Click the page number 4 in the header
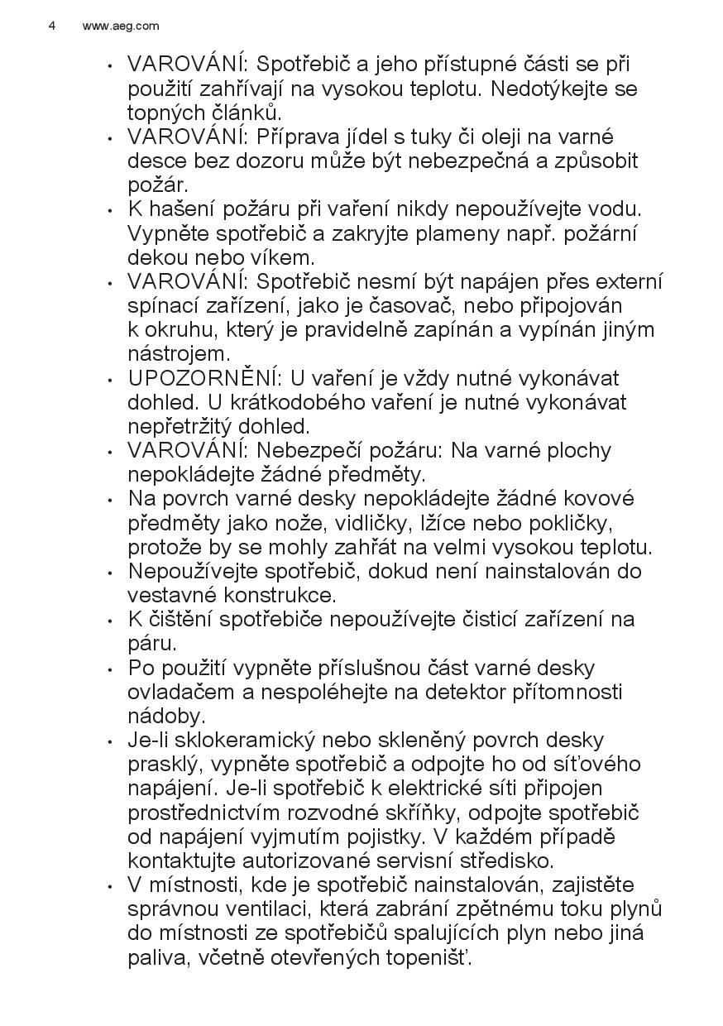point(52,26)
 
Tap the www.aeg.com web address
point(121,26)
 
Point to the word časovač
point(424,305)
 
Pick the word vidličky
point(378,523)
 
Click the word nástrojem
point(178,354)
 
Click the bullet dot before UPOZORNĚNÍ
point(111,380)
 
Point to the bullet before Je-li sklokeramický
point(111,741)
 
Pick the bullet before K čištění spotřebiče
point(111,621)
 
